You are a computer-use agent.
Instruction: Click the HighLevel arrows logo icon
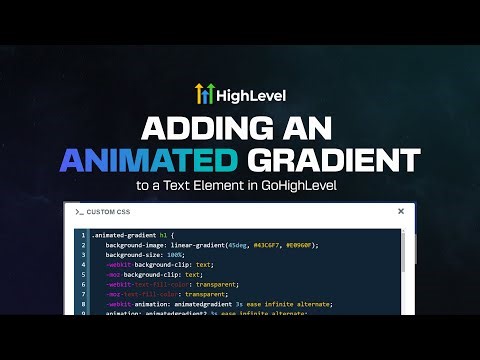click(204, 95)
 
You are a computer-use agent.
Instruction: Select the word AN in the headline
click(318, 128)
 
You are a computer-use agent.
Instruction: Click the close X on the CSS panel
click(401, 211)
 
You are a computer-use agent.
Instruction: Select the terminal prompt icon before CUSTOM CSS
click(79, 212)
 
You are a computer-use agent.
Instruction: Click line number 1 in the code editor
click(83, 235)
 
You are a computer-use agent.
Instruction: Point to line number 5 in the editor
click(83, 274)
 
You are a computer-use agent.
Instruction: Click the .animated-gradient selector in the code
click(123, 235)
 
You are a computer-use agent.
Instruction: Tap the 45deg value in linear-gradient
click(237, 245)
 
